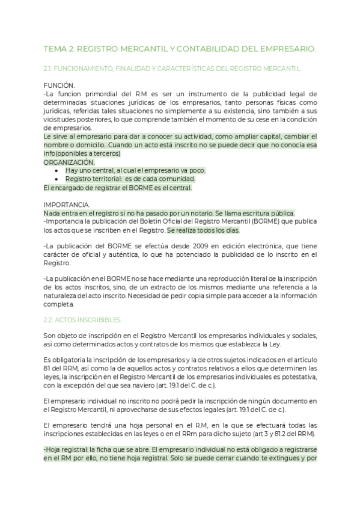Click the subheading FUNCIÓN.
[59, 87]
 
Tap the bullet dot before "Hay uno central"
[56, 171]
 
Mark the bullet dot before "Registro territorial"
[56, 179]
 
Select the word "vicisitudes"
[62, 120]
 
